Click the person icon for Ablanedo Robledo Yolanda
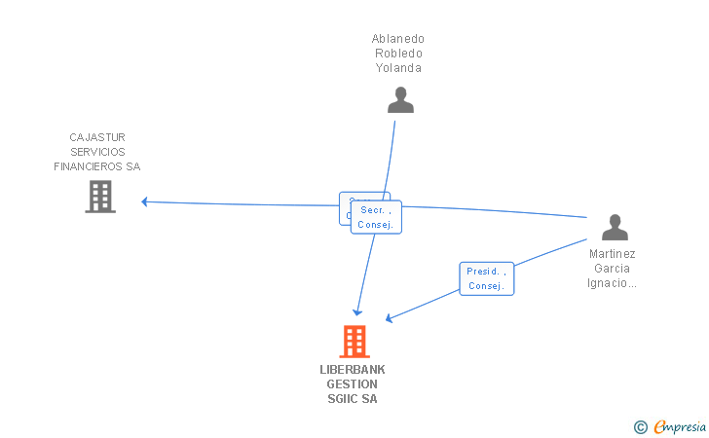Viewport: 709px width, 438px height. tap(400, 99)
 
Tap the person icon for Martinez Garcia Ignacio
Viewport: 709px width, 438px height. tap(615, 227)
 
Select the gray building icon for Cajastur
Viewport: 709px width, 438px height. tap(100, 197)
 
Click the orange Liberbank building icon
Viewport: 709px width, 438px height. tap(354, 342)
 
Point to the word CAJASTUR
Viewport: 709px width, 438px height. tap(97, 137)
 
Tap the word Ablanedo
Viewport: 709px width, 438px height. tap(397, 39)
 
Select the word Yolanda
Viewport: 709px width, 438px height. tap(398, 68)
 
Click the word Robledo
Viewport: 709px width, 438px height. tap(398, 54)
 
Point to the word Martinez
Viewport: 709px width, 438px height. tap(612, 254)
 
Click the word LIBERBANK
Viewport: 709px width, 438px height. tap(353, 370)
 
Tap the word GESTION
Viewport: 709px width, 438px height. tap(353, 384)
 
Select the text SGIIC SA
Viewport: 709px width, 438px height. tap(353, 399)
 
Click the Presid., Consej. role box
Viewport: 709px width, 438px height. tap(486, 278)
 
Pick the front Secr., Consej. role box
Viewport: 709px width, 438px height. tap(375, 217)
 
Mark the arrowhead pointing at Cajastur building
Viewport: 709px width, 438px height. tap(145, 201)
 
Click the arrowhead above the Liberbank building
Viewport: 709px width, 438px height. tap(357, 311)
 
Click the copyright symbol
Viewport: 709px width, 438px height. tap(640, 426)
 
